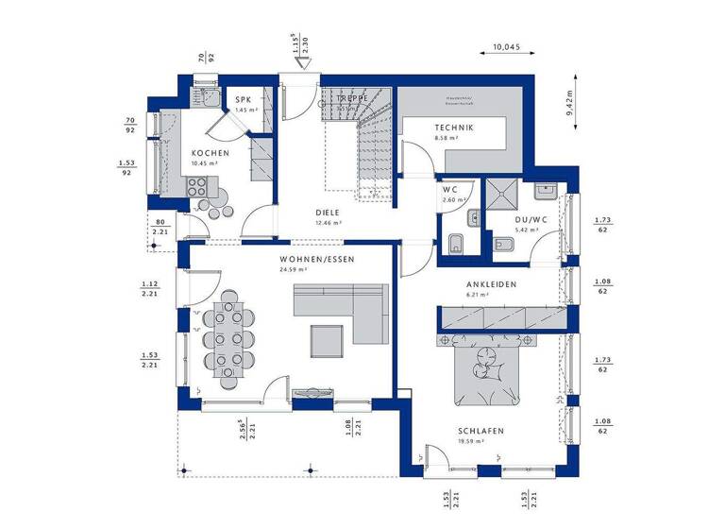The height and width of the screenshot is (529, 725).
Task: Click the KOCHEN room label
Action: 209,153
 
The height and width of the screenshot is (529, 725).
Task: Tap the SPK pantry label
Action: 244,99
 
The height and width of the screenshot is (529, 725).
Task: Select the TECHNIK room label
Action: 453,128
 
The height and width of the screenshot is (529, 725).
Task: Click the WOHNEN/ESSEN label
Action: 316,259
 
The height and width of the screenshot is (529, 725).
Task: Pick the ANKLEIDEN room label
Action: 489,284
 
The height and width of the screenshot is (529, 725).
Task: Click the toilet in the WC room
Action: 454,244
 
